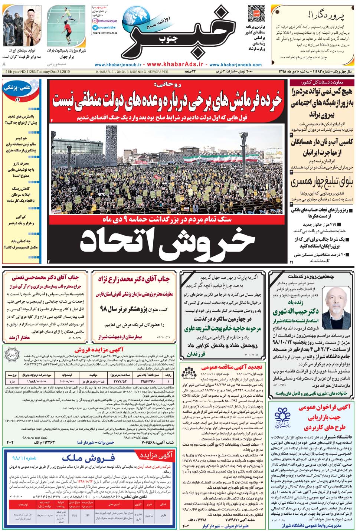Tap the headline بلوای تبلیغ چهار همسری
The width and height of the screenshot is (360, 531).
(322, 183)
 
